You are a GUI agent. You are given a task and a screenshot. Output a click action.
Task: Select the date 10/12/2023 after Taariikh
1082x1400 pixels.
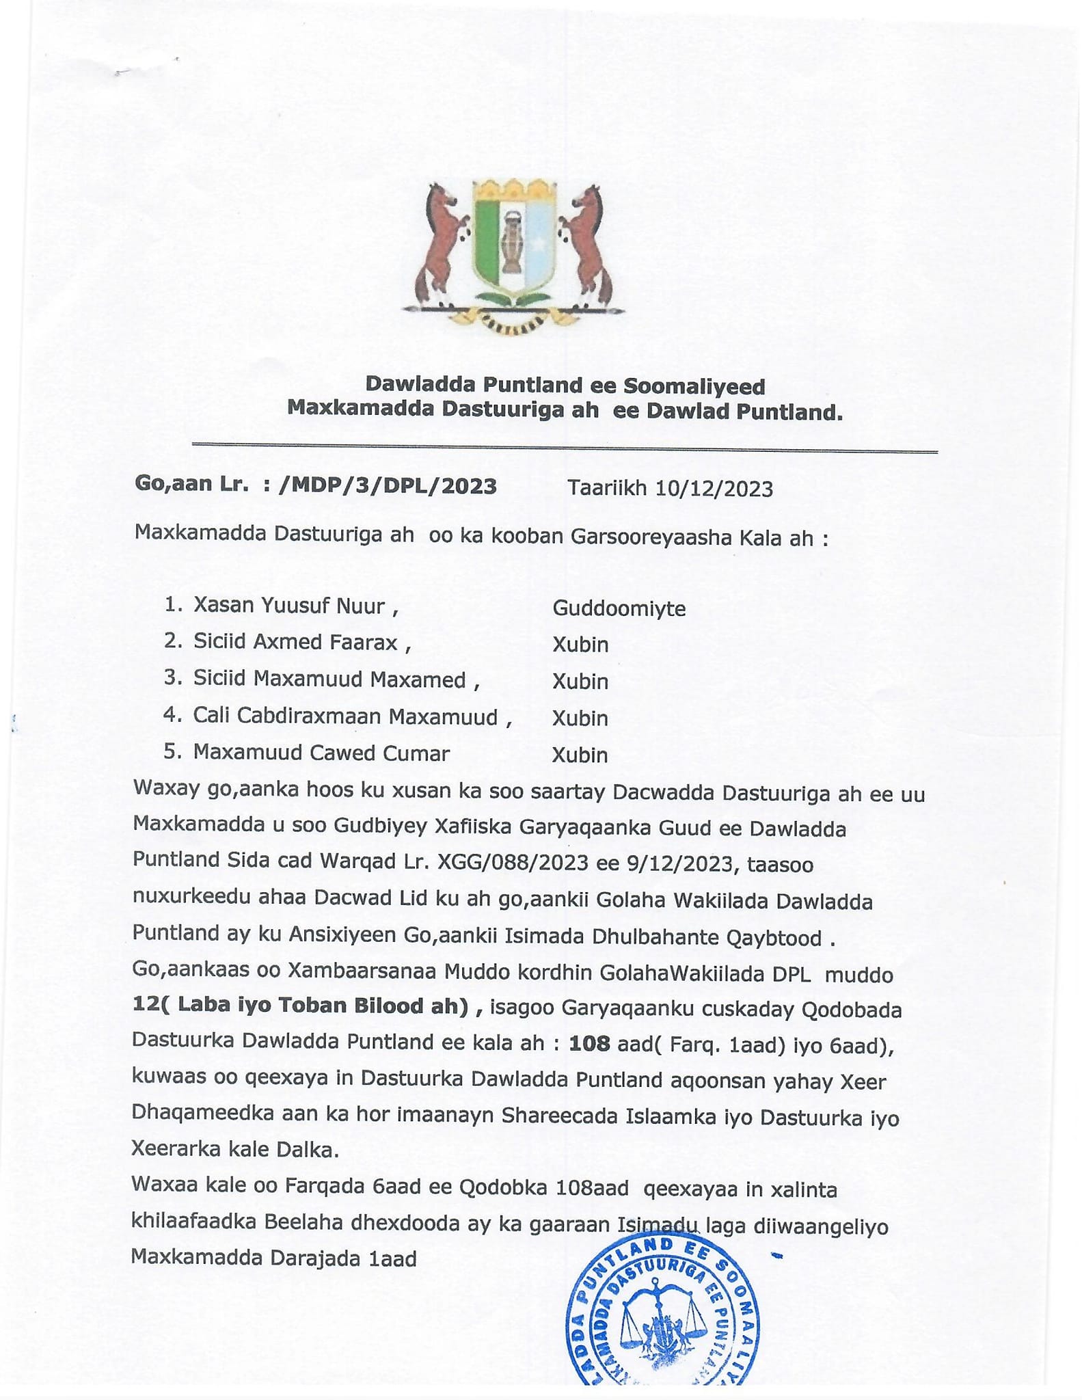click(714, 489)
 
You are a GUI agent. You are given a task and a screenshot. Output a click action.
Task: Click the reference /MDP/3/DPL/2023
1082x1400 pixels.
click(388, 486)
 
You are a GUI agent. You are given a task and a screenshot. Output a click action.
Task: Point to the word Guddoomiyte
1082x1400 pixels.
click(619, 608)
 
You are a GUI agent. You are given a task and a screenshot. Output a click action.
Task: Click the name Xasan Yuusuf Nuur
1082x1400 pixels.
click(289, 606)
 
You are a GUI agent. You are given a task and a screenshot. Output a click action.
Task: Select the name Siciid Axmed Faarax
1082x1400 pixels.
click(295, 642)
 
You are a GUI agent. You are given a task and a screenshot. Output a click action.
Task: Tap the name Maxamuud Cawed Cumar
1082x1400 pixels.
click(321, 753)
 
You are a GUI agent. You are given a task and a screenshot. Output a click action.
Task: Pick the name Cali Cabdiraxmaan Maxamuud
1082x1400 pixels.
click(345, 716)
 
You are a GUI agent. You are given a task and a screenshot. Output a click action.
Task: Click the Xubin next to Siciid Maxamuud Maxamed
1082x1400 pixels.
click(580, 682)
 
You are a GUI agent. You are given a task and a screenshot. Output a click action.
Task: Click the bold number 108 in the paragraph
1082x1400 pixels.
click(589, 1042)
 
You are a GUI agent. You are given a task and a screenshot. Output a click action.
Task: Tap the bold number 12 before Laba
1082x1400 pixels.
click(146, 1004)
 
